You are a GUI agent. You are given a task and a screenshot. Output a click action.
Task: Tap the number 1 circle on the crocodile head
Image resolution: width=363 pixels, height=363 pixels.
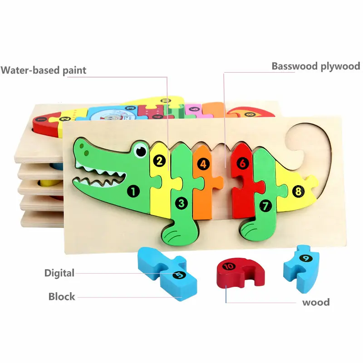(133, 191)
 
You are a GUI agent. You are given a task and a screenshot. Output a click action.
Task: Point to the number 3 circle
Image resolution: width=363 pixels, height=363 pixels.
(181, 203)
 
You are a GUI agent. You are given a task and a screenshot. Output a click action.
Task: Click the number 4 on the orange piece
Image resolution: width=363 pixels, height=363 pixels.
(203, 164)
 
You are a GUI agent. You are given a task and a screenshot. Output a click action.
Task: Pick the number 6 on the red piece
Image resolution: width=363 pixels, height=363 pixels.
(243, 163)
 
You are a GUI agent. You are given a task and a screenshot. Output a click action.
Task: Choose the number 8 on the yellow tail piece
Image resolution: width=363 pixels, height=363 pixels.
(298, 191)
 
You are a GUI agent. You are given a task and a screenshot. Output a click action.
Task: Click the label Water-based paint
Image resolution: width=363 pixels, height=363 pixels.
(43, 70)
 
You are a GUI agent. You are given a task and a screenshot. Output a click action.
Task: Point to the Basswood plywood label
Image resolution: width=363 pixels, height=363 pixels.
(315, 66)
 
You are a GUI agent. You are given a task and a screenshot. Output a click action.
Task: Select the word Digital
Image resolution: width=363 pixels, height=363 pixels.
(59, 273)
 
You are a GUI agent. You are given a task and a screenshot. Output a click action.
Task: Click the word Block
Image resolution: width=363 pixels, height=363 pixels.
(62, 297)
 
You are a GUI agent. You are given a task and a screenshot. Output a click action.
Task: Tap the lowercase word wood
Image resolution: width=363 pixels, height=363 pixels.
(316, 302)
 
